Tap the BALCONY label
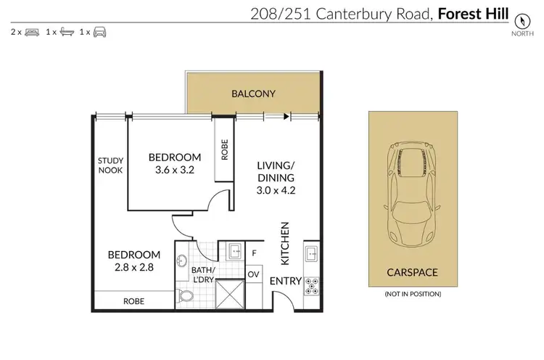coord(252,94)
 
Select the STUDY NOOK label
coord(110,165)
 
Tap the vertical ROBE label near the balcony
coord(225,150)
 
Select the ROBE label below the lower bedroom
coord(133,300)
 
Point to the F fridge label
coord(254,254)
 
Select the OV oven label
coord(254,274)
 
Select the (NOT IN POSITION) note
coord(413,294)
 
